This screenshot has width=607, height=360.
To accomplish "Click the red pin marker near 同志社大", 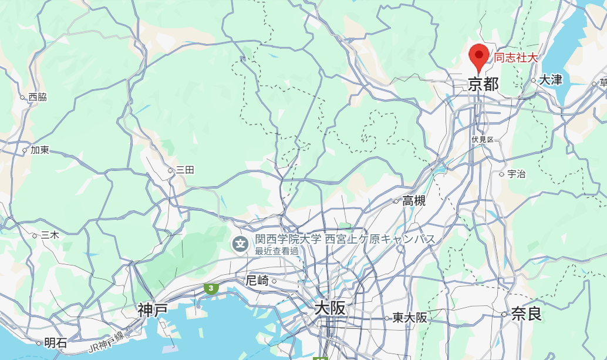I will click(x=480, y=56).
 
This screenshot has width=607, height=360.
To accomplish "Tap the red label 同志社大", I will click(x=515, y=58).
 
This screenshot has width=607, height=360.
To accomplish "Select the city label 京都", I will click(x=483, y=85).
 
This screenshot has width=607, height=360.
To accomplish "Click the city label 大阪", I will click(x=330, y=308).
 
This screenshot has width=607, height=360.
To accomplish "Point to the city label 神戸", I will click(x=153, y=309).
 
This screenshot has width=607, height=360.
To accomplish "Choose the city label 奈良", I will click(x=526, y=314).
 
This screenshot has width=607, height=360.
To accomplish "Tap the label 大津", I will click(x=550, y=80).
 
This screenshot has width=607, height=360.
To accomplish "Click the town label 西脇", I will click(x=37, y=97).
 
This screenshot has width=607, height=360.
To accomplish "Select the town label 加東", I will click(x=39, y=150).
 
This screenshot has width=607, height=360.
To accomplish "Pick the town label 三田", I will click(x=184, y=170).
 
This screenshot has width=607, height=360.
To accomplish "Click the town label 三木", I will click(x=49, y=234).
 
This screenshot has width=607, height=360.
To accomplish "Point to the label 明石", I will click(x=56, y=342).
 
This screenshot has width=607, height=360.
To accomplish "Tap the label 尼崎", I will click(x=258, y=281).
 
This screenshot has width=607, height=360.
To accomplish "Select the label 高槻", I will click(x=413, y=201).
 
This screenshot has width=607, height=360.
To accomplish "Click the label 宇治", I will click(x=516, y=174).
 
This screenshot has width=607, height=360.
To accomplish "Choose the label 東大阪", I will click(x=410, y=318).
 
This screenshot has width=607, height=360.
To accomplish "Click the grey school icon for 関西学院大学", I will click(x=240, y=243).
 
